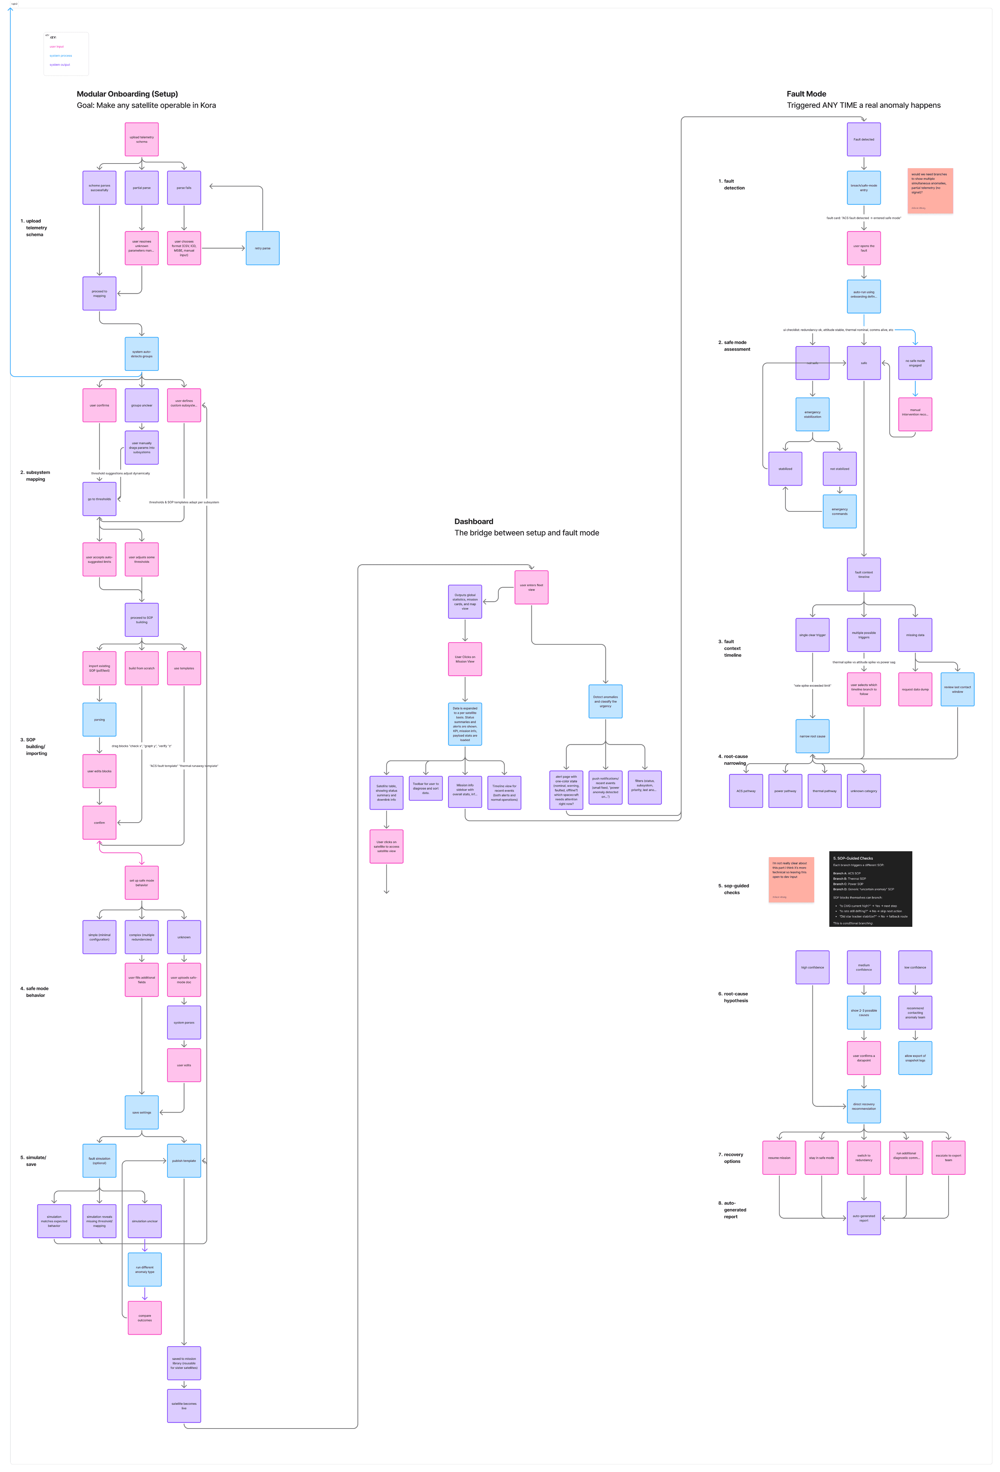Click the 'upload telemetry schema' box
click(141, 139)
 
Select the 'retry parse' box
click(262, 248)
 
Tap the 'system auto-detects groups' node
click(141, 354)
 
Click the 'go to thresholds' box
click(100, 499)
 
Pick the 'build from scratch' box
click(141, 668)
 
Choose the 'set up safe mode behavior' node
click(141, 883)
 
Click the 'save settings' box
click(141, 1112)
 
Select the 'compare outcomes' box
click(144, 1318)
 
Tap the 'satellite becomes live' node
click(184, 1406)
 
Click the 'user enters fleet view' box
click(531, 587)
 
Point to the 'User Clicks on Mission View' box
click(465, 659)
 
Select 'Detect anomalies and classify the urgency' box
click(605, 701)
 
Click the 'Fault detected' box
click(863, 139)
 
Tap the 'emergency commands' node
click(839, 511)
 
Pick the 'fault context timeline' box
click(863, 575)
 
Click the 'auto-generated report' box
click(863, 1218)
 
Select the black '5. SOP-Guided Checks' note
click(870, 889)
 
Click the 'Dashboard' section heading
click(474, 521)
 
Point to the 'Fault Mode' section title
click(806, 94)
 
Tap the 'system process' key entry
click(61, 56)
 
